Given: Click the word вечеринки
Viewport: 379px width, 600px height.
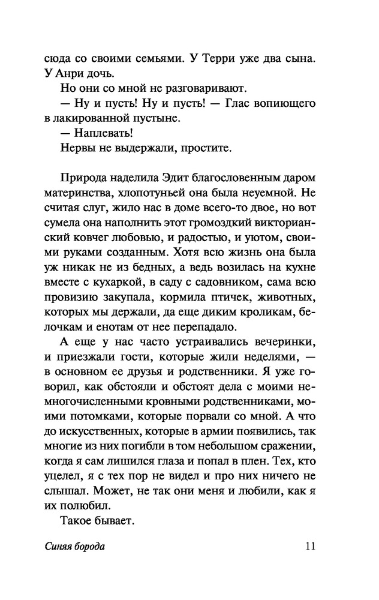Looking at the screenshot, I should tap(282, 343).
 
